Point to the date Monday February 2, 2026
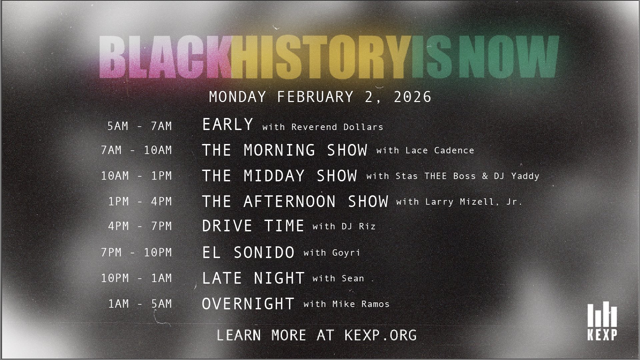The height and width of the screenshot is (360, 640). (320, 97)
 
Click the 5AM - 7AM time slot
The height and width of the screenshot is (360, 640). (139, 126)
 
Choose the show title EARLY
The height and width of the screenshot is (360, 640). (228, 125)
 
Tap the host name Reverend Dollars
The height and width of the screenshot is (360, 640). (337, 127)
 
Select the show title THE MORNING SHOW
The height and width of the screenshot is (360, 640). (285, 150)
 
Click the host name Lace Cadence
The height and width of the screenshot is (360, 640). (440, 150)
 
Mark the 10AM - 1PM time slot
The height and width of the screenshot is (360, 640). (136, 176)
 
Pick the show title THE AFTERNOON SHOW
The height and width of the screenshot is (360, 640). (295, 201)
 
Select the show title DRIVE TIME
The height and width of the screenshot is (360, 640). (253, 226)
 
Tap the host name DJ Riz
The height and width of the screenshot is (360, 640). (359, 227)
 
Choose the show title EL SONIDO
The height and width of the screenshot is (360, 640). (248, 252)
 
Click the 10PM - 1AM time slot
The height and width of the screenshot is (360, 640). (136, 278)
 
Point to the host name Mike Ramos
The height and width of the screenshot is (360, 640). (361, 304)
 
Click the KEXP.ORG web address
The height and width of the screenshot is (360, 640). (380, 335)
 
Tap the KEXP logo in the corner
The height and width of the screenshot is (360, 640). (602, 321)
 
